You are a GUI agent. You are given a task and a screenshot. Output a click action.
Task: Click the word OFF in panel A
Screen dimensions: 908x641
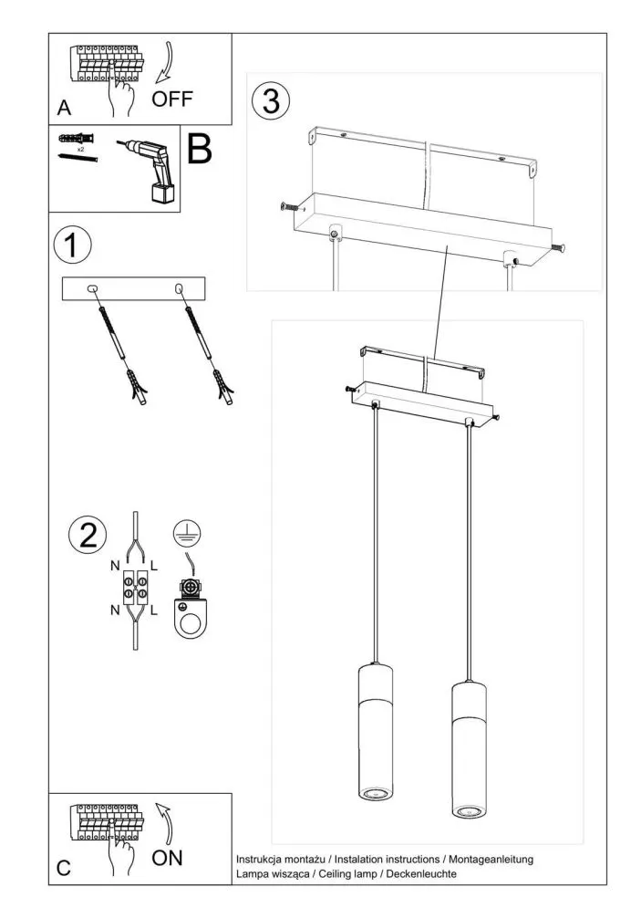[172, 98]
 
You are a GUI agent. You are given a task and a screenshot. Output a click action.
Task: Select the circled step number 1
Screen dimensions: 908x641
[74, 245]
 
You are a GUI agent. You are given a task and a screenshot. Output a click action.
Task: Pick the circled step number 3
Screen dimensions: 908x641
[272, 100]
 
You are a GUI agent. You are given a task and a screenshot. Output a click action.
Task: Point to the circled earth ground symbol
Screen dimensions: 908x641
[187, 534]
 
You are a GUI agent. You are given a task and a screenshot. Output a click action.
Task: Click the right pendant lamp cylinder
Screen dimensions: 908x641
[470, 748]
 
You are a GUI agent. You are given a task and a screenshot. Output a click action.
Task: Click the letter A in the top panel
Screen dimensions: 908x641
[63, 108]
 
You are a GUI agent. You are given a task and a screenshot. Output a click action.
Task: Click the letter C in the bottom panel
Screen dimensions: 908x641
[63, 869]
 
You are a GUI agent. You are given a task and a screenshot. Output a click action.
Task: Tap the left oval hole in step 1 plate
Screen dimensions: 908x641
[91, 289]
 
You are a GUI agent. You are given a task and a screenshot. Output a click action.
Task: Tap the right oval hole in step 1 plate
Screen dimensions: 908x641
[179, 289]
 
